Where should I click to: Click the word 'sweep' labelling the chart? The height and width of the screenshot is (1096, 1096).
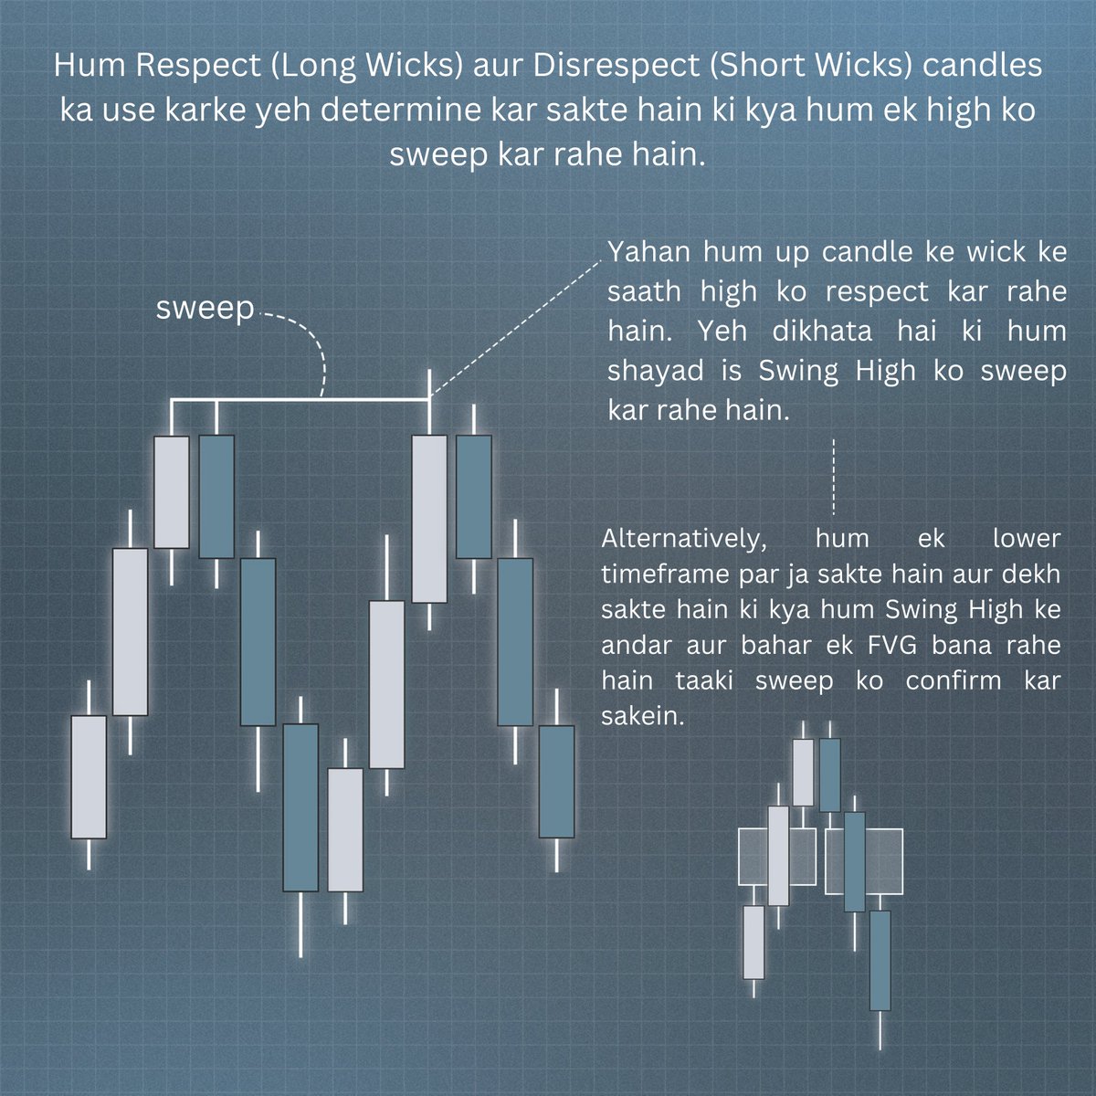point(205,308)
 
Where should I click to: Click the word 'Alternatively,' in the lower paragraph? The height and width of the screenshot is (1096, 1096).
point(683,539)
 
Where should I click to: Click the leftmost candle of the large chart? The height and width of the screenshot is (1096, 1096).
point(89,776)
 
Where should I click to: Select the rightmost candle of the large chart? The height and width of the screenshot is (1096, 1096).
point(556,781)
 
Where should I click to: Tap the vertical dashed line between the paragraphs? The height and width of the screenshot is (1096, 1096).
point(834,477)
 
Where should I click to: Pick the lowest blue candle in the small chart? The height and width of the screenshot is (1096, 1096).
point(880,959)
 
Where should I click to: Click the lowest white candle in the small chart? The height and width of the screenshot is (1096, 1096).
point(753,942)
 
